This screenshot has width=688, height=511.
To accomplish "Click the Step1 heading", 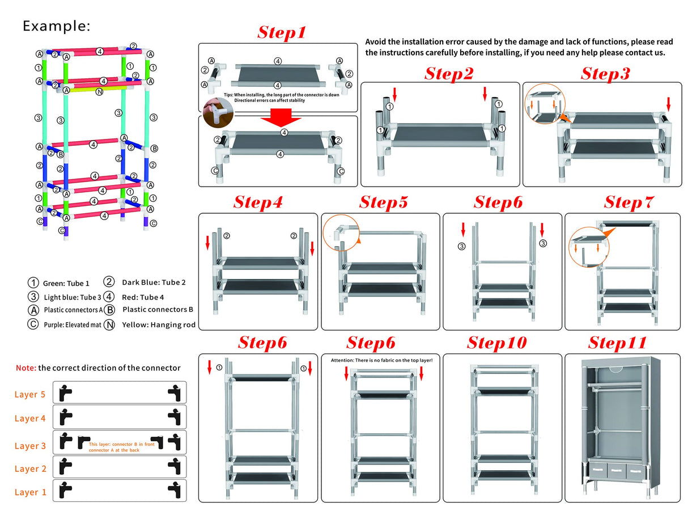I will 282,32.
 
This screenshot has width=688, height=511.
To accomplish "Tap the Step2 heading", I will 449,74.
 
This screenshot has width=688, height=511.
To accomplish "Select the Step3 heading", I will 605,74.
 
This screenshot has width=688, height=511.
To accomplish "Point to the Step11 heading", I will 617,343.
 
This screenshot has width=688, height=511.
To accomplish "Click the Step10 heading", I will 496,343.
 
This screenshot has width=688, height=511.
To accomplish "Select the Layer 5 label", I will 30,394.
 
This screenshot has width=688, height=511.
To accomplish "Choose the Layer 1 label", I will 30,492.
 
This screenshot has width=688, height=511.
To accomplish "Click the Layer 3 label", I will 30,446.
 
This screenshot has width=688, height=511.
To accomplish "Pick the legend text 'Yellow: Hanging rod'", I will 159,325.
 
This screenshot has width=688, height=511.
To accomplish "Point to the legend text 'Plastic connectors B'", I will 158,310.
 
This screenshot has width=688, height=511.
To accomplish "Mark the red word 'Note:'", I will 26,368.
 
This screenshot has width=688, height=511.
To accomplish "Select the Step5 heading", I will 383,202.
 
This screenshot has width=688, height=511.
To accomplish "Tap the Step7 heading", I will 628,202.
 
